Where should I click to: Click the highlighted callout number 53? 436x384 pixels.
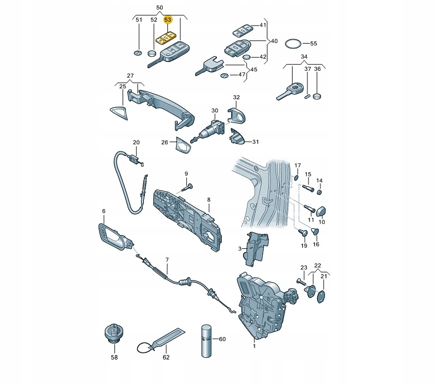click(168, 20)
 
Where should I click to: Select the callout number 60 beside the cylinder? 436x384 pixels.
click(222, 339)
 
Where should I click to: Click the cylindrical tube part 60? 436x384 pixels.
click(208, 340)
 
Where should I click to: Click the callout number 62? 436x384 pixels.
click(166, 357)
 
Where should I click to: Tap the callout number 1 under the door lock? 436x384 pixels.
click(253, 345)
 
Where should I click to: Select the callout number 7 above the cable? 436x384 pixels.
click(167, 260)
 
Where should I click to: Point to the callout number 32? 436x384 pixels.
click(236, 98)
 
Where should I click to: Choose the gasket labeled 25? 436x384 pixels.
click(117, 112)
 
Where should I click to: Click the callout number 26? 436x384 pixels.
click(165, 143)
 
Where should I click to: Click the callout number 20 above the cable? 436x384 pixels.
click(136, 143)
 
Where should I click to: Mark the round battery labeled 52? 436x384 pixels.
click(152, 53)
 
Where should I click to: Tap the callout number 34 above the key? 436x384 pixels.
click(304, 57)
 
